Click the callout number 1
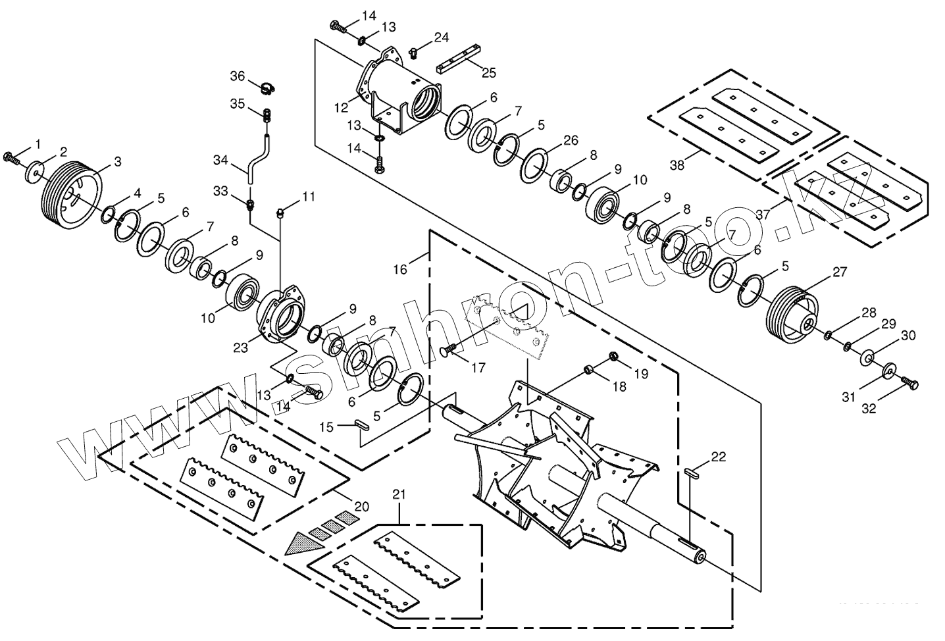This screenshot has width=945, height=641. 38,143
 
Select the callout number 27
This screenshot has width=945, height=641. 840,271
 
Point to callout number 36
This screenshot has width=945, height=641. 237,76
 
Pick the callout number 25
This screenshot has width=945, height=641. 489,72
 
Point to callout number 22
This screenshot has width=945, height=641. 719,456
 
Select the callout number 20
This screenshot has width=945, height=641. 361,507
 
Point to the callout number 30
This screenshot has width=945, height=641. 908,336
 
